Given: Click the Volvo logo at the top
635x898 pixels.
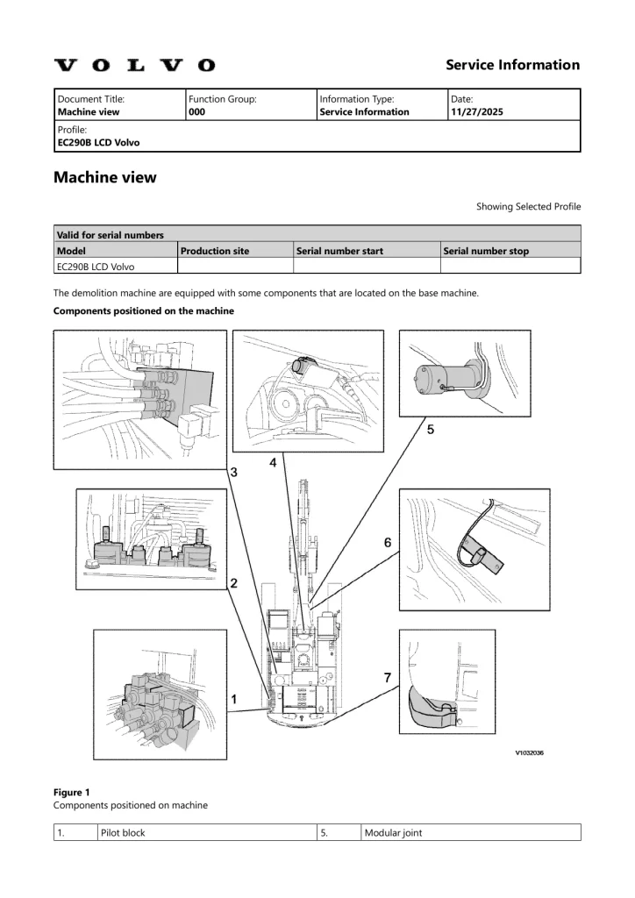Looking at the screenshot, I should [134, 65].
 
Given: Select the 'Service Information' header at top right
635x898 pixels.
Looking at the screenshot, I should [512, 65].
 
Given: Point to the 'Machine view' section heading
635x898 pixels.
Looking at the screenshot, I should [104, 177].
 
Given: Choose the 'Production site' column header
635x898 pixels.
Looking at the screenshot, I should [214, 251].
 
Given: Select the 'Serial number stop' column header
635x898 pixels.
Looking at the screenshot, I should [487, 251].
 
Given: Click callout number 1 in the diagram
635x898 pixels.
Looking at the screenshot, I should [234, 699].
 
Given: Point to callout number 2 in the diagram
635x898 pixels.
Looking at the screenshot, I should [234, 583].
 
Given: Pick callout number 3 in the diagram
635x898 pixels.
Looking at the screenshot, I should [234, 473].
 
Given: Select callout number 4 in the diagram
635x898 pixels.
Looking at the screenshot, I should [274, 462].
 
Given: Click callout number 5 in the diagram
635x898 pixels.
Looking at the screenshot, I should [431, 431].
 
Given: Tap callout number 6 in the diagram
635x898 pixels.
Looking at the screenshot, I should [387, 543].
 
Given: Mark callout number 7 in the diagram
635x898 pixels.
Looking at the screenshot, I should [387, 676].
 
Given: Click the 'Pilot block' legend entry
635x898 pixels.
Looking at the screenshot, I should [121, 832].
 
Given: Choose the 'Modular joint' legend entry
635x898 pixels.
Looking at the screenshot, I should [393, 832].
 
